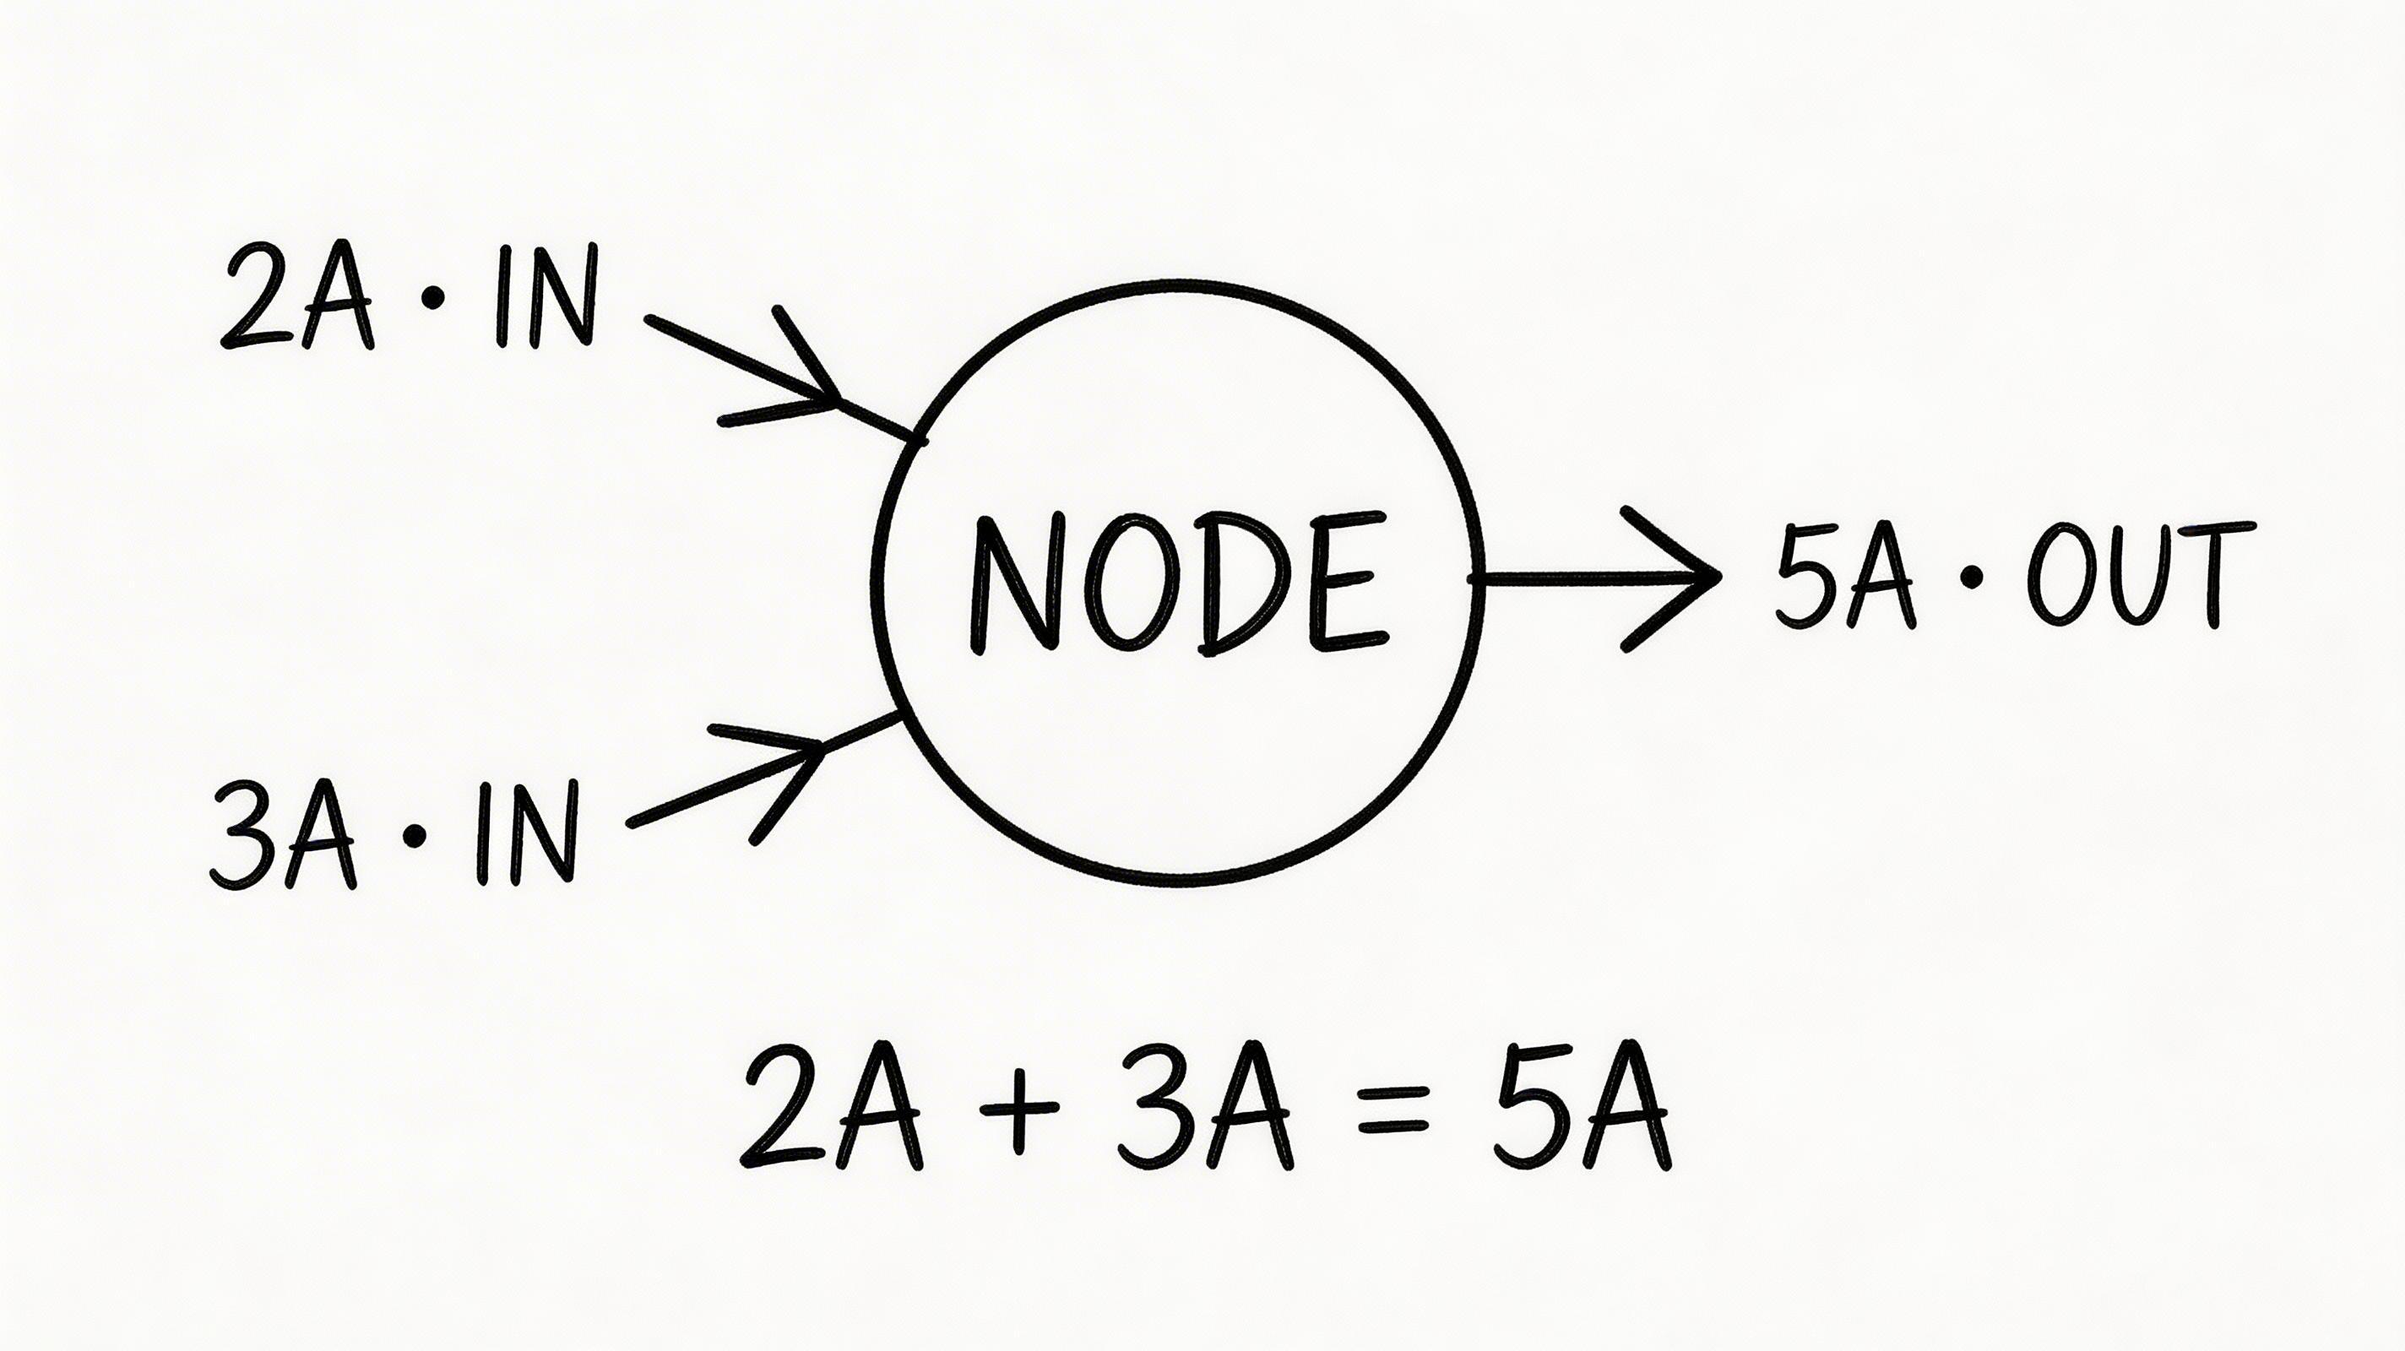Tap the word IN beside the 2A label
tap(546, 297)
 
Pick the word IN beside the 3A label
tap(527, 833)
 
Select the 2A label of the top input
tap(297, 298)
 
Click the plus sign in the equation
tap(1020, 1110)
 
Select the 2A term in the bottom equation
tap(832, 1109)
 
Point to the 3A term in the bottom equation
tap(1205, 1109)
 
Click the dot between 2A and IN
tap(432, 301)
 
